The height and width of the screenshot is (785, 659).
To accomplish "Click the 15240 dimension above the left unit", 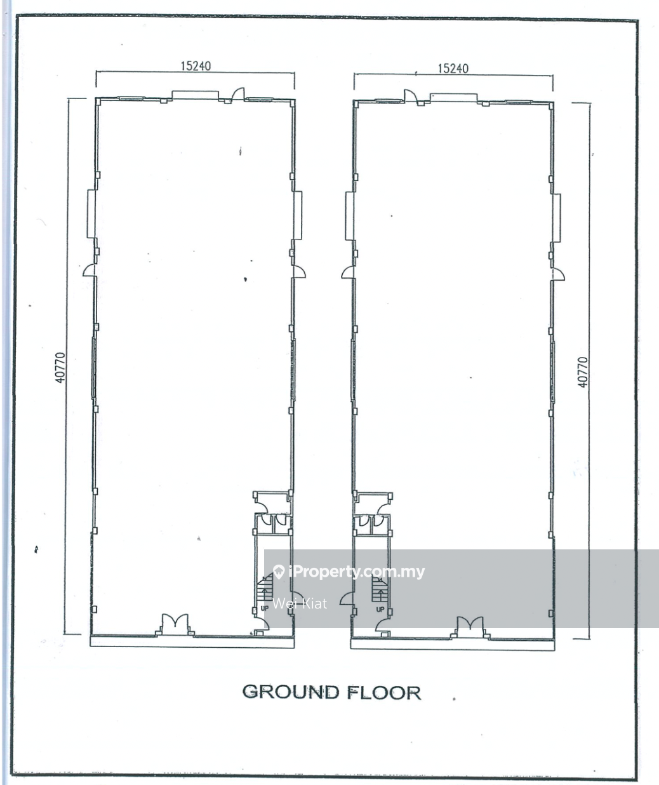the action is (196, 66).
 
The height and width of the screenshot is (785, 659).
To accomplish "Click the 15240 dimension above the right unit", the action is (453, 69).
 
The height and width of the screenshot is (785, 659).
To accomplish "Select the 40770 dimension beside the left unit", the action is (60, 368).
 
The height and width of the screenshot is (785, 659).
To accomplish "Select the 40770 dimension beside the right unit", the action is (582, 372).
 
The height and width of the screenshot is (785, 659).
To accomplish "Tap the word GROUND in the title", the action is (291, 692).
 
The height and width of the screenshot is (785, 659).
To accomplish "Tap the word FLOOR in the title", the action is (384, 693).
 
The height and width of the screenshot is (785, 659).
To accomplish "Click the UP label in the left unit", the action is (265, 608).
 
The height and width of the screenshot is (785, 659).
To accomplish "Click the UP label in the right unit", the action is (380, 609).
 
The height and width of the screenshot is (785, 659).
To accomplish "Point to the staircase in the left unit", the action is (265, 587).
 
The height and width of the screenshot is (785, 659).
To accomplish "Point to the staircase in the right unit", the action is (380, 589).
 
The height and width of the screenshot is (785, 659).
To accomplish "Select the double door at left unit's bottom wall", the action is (175, 624).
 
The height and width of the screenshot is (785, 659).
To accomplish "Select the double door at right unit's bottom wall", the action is (470, 627).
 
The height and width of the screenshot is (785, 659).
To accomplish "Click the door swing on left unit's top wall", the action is (237, 95).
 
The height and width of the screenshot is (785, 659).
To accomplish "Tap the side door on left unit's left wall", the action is (90, 271).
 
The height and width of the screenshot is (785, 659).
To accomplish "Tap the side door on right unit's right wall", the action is (558, 274).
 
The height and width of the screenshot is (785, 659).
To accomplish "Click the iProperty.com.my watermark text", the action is (356, 572).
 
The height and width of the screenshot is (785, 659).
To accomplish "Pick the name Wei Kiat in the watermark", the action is (300, 603).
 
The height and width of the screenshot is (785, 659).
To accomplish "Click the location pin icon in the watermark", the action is (279, 572).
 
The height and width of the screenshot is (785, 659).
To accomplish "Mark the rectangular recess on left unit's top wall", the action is (195, 95).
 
